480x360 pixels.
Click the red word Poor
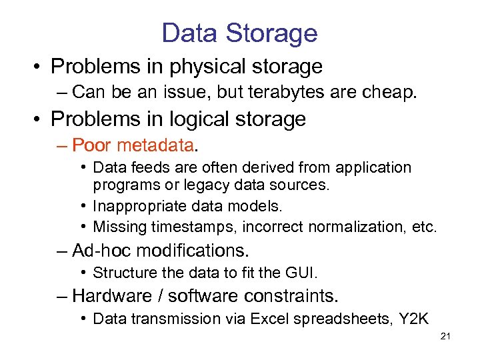(x=93, y=145)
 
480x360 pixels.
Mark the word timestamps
(x=194, y=227)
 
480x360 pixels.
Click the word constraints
(x=291, y=296)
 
